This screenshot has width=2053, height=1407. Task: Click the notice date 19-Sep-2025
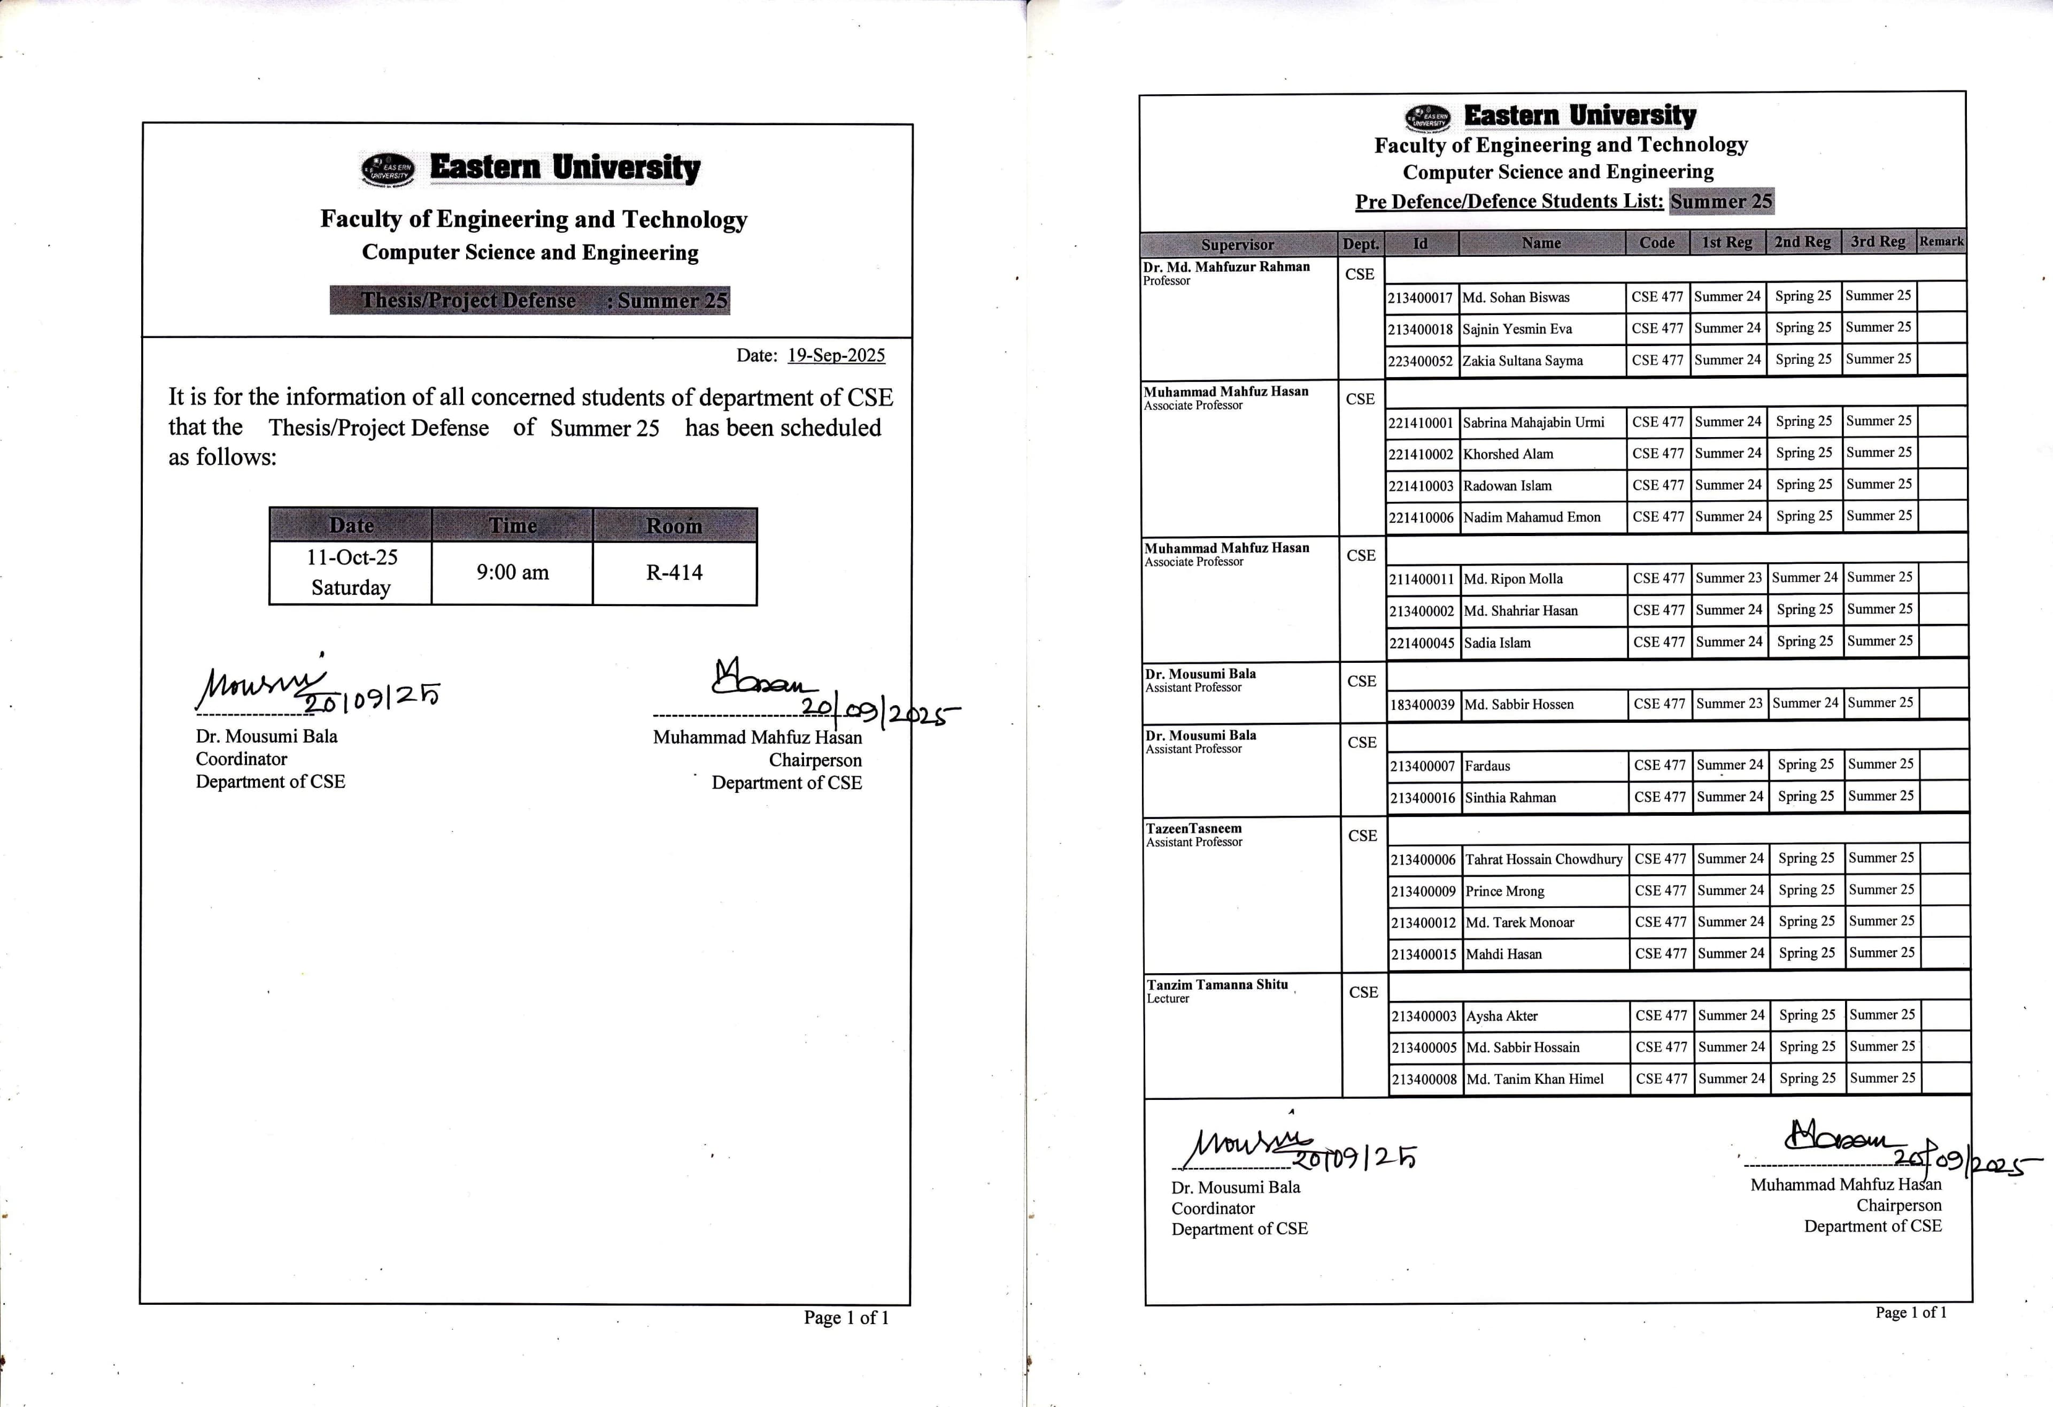pyautogui.click(x=836, y=355)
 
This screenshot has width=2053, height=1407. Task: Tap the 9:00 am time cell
pyautogui.click(x=512, y=573)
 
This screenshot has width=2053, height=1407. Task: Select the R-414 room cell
pyautogui.click(x=674, y=573)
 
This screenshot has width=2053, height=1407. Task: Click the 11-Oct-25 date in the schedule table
pyautogui.click(x=352, y=557)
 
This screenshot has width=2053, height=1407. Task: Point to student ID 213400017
pyautogui.click(x=1419, y=298)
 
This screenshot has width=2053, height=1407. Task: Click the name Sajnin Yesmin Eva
pyautogui.click(x=1517, y=329)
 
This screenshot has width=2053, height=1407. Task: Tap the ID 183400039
pyautogui.click(x=1422, y=705)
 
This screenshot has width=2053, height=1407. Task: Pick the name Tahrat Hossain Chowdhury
pyautogui.click(x=1543, y=859)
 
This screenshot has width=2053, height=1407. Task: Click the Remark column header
pyautogui.click(x=1941, y=241)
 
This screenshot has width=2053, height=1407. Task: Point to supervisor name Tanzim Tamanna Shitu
pyautogui.click(x=1216, y=984)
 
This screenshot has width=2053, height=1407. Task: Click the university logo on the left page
pyautogui.click(x=387, y=170)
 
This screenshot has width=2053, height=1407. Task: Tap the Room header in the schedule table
pyautogui.click(x=674, y=526)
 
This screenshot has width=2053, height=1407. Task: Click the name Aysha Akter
pyautogui.click(x=1502, y=1016)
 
